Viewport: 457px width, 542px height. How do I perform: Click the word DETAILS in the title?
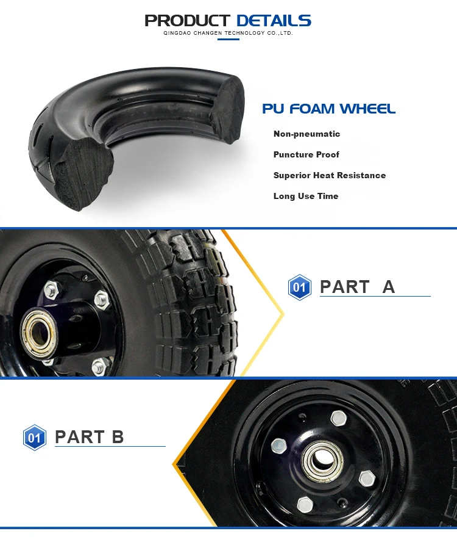tap(274, 21)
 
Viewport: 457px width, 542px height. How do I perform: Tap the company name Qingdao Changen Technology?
tap(228, 33)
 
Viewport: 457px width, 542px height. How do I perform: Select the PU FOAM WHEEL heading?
tap(328, 109)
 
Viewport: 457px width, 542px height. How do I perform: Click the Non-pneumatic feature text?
tap(306, 134)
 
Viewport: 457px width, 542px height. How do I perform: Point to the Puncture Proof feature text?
tap(306, 155)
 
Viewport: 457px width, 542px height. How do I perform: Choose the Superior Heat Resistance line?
tap(329, 176)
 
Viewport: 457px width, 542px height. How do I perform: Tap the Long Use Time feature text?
tap(305, 197)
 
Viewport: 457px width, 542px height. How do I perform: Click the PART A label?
tap(357, 287)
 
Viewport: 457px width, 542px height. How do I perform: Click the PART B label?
tap(89, 437)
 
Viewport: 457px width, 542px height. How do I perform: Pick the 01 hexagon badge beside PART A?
tap(299, 287)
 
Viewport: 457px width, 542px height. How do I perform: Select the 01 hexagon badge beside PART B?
tap(35, 438)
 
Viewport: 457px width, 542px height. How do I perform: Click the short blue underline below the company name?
tap(228, 40)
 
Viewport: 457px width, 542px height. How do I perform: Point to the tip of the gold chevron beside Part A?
tap(283, 314)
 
